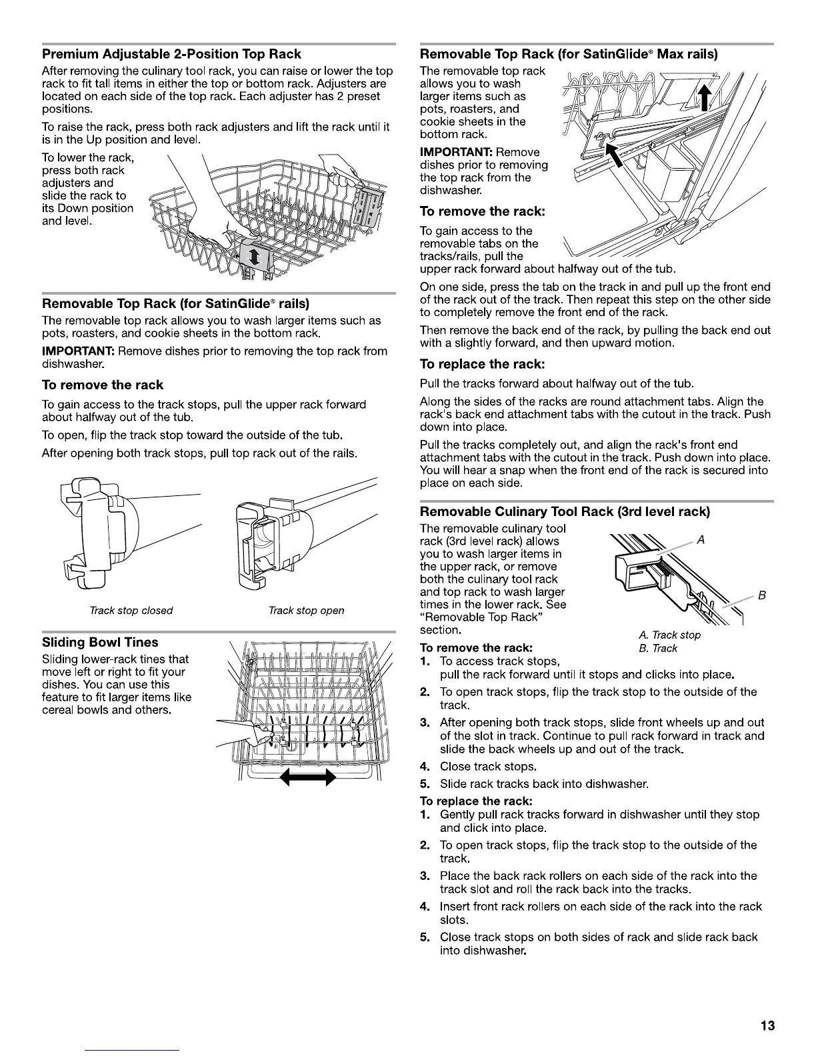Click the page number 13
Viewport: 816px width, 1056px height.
(x=767, y=1025)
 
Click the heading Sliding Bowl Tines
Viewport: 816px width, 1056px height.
(x=100, y=642)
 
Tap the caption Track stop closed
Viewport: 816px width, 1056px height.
(x=131, y=610)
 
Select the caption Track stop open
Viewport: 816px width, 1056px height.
(x=306, y=610)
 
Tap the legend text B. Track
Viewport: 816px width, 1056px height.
(x=657, y=648)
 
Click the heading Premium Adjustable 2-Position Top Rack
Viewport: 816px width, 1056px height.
(x=171, y=54)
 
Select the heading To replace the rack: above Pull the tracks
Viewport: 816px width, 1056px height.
(x=482, y=364)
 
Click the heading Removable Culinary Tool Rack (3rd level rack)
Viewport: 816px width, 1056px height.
(x=565, y=511)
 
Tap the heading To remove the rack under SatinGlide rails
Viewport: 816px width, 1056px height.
(x=102, y=385)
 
